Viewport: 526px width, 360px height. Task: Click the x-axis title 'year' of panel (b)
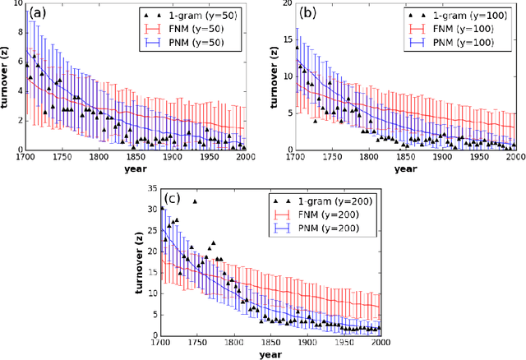coord(394,169)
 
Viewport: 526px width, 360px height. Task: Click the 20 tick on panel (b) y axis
coord(290,4)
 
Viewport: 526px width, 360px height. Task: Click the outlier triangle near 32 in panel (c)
coord(195,201)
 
